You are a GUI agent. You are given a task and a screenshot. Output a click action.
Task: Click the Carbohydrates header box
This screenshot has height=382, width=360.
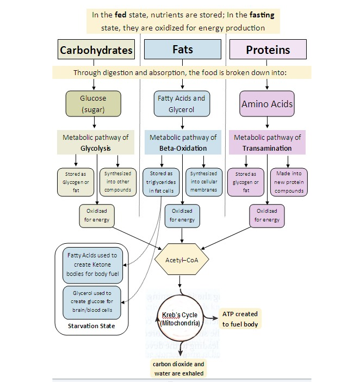click(96, 50)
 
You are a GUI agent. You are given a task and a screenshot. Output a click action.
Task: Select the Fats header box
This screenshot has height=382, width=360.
click(183, 50)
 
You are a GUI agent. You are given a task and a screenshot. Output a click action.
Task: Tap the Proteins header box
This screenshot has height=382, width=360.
click(267, 50)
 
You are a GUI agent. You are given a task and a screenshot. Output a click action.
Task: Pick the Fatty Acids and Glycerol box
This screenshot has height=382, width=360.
click(182, 103)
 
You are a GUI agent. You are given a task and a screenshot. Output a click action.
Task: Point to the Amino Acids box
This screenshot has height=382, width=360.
click(267, 103)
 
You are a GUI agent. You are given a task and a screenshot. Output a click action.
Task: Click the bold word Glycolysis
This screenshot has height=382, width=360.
click(96, 147)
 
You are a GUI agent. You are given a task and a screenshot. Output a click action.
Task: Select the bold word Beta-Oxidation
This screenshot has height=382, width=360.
click(183, 147)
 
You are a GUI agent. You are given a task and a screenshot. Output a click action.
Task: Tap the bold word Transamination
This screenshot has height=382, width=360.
click(267, 147)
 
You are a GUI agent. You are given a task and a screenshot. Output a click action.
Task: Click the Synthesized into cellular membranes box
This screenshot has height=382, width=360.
click(204, 182)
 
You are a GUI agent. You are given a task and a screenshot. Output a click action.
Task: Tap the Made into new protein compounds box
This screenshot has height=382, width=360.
click(289, 182)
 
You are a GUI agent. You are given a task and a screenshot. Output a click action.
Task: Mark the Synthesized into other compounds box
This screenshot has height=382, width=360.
click(118, 182)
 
